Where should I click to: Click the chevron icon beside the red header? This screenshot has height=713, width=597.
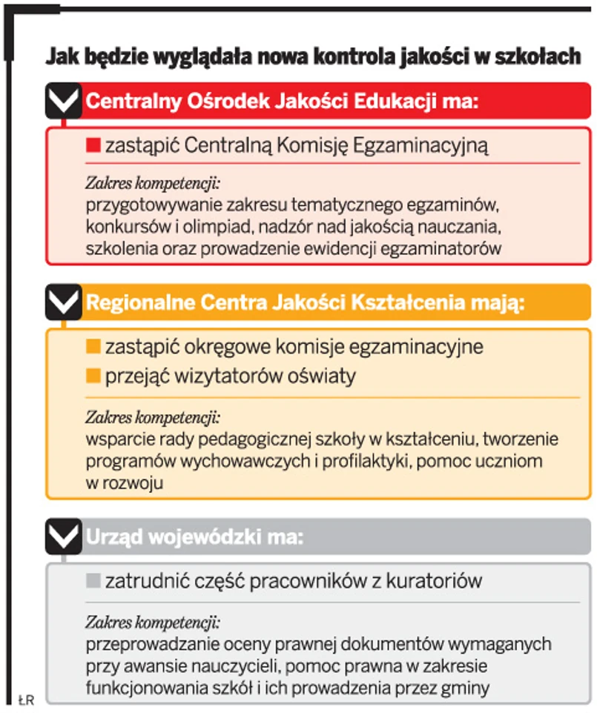coord(63,100)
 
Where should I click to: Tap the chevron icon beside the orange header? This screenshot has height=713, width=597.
coord(63,302)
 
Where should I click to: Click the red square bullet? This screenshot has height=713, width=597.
coord(93,146)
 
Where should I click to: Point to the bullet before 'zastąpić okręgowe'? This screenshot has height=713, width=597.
coord(93,346)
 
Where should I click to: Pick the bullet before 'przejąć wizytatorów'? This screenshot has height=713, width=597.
coord(93,377)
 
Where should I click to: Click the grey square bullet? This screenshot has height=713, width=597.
coord(93,581)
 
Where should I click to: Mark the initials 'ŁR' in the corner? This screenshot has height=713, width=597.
coord(27,699)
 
